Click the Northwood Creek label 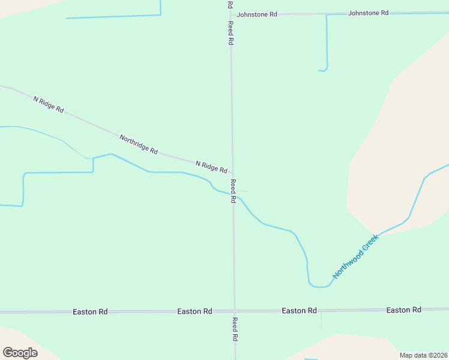pos(357,256)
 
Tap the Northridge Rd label pos(138,145)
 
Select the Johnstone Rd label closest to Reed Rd pos(257,14)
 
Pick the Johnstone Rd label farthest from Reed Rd pos(369,12)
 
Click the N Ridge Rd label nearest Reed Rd pos(211,166)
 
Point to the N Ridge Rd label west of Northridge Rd pos(48,104)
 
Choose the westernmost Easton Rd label pos(90,312)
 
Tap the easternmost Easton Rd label pos(403,310)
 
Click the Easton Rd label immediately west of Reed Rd pos(194,311)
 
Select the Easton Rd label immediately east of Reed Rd pos(299,310)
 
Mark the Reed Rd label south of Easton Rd pos(235,329)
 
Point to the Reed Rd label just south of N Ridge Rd pos(233,191)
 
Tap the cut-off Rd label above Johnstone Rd pos(230,4)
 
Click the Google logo pos(20,353)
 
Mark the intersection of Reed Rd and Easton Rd pos(235,311)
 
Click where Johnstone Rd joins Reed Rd pos(231,13)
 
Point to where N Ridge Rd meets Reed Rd pos(233,172)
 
